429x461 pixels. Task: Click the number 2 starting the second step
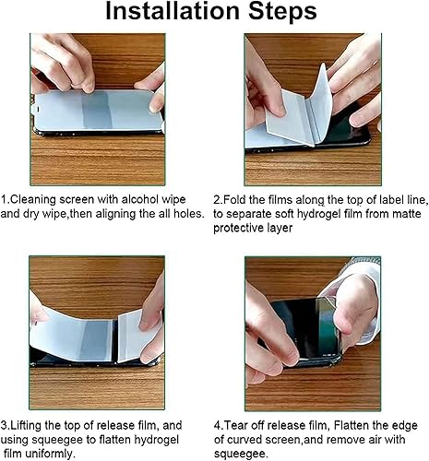pyautogui.click(x=217, y=198)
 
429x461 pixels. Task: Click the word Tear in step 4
pyautogui.click(x=240, y=425)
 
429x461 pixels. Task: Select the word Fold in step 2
pyautogui.click(x=239, y=198)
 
